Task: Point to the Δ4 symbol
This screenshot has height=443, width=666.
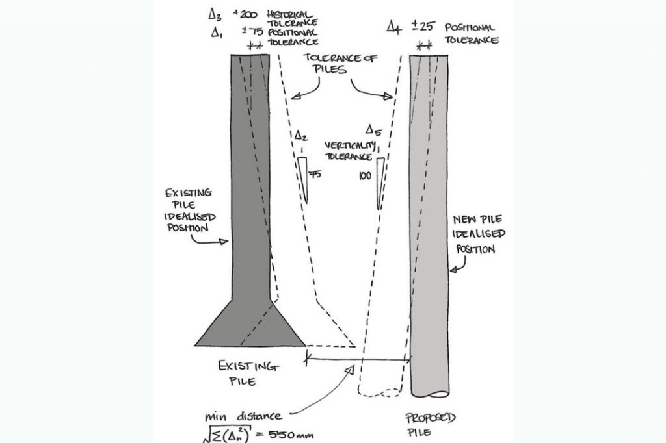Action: click(393, 27)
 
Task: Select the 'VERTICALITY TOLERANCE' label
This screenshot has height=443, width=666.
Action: click(349, 151)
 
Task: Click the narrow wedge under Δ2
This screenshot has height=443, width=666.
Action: click(304, 178)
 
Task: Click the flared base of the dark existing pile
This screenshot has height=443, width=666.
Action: click(250, 325)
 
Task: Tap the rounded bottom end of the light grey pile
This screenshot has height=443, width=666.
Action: click(430, 392)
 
